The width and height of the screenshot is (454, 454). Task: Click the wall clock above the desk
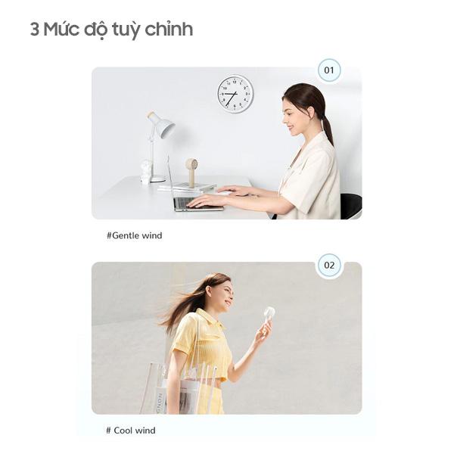tap(235, 94)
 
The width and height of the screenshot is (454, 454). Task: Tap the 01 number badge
tap(328, 70)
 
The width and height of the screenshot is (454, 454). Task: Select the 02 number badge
tap(329, 266)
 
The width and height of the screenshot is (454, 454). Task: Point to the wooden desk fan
tap(191, 171)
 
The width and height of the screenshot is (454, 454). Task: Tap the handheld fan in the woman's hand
tap(269, 315)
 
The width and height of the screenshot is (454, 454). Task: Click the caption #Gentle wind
tap(134, 235)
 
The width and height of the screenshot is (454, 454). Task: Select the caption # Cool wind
tap(131, 431)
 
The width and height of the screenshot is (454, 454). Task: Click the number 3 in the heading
tap(35, 30)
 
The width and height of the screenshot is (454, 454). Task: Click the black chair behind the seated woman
tap(351, 206)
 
